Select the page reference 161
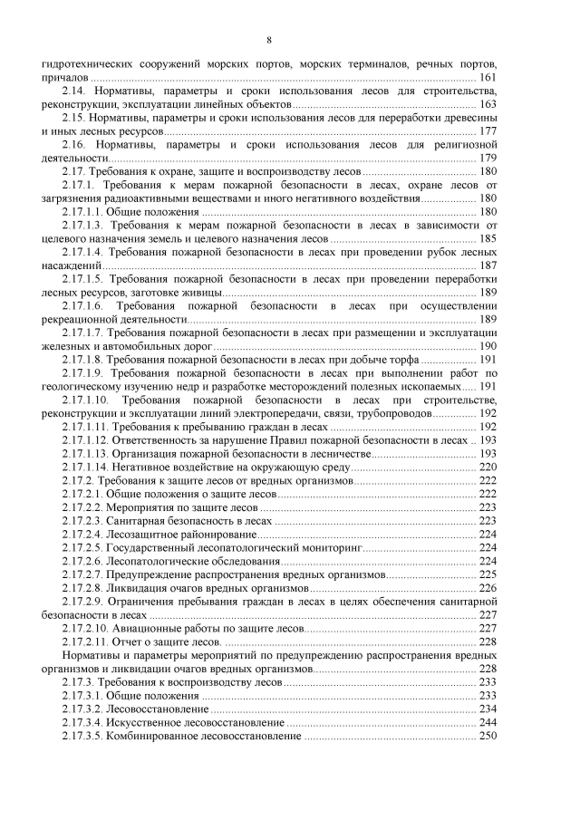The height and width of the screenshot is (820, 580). tap(488, 80)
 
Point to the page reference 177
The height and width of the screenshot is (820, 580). tap(488, 132)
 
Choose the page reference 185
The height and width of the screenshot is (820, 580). tap(488, 238)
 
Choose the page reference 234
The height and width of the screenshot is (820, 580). tap(488, 708)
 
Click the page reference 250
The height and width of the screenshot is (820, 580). tap(488, 735)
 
